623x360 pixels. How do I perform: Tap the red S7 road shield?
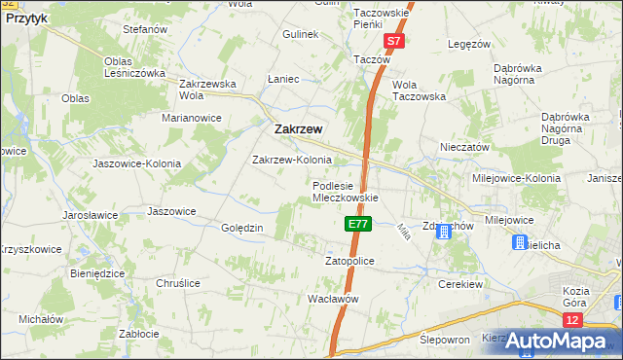(393, 42)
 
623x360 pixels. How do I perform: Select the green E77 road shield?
(357, 224)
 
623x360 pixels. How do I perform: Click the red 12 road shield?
(572, 319)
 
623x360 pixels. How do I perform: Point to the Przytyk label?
(25, 18)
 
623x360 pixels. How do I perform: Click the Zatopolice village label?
(348, 261)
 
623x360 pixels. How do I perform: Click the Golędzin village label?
(243, 228)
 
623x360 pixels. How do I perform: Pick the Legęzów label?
(469, 44)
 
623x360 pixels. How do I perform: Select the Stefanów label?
(146, 30)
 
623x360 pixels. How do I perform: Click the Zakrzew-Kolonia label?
(292, 159)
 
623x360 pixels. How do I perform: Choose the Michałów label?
(41, 319)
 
